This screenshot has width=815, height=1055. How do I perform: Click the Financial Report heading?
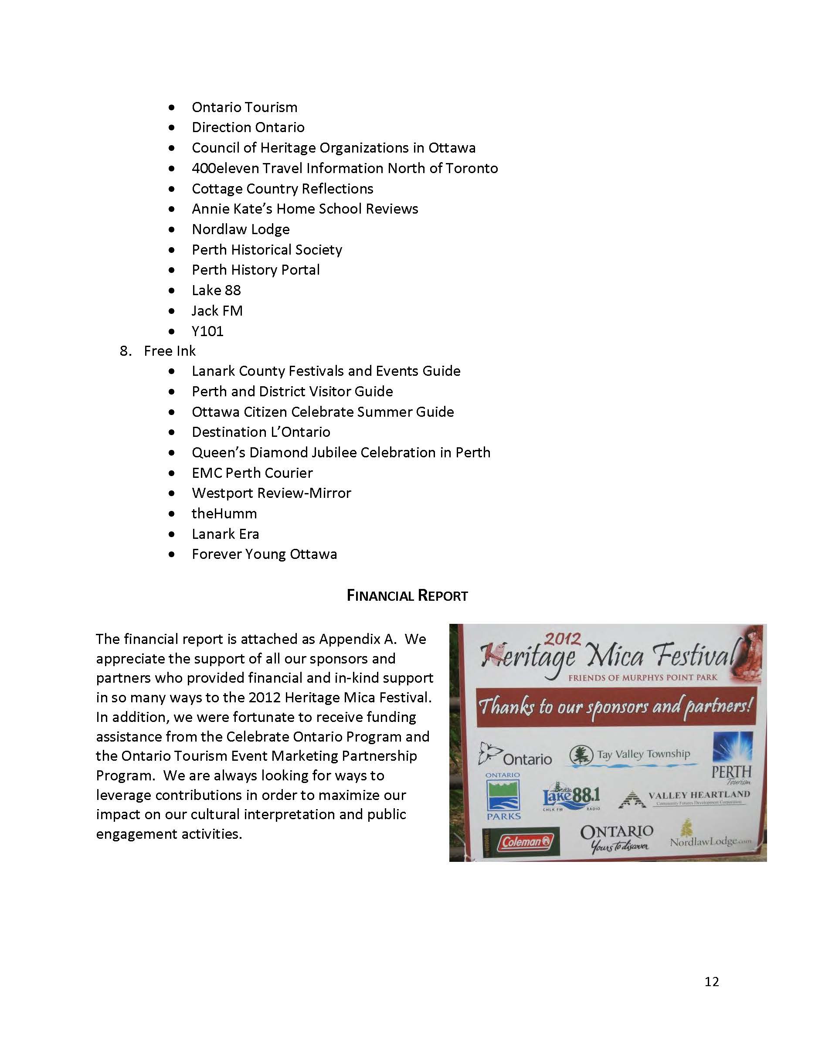click(x=407, y=596)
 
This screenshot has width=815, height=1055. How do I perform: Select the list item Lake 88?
click(x=216, y=290)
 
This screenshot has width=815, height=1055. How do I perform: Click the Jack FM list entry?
click(x=217, y=310)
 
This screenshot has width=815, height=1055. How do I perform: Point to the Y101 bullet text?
click(x=207, y=331)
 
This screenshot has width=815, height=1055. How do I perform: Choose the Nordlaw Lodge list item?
click(x=241, y=229)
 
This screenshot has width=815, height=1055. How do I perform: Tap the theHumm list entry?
click(x=224, y=514)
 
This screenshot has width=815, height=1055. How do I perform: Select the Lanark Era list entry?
click(x=225, y=534)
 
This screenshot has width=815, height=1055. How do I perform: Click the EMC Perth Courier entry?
click(x=252, y=473)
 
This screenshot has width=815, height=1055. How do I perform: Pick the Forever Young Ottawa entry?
click(x=264, y=554)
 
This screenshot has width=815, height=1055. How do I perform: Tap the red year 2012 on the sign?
click(x=563, y=639)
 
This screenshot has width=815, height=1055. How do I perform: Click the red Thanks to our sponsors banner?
click(x=615, y=707)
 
